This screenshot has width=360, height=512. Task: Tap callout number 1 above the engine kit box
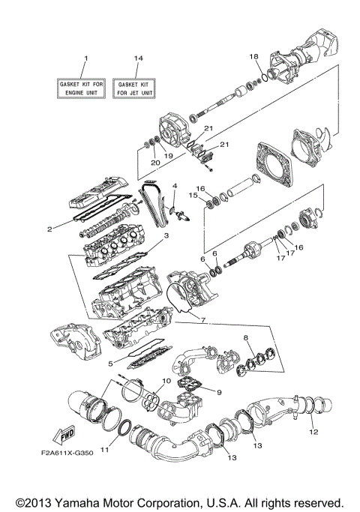click(85, 58)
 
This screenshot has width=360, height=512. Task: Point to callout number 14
click(137, 58)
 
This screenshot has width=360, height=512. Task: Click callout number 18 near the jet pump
click(253, 56)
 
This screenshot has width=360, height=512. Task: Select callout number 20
click(155, 162)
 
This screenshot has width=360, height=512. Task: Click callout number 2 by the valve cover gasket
click(49, 230)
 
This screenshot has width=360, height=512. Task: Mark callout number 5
click(110, 364)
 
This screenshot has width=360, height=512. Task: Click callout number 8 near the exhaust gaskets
click(246, 338)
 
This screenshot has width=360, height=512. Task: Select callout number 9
click(220, 391)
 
